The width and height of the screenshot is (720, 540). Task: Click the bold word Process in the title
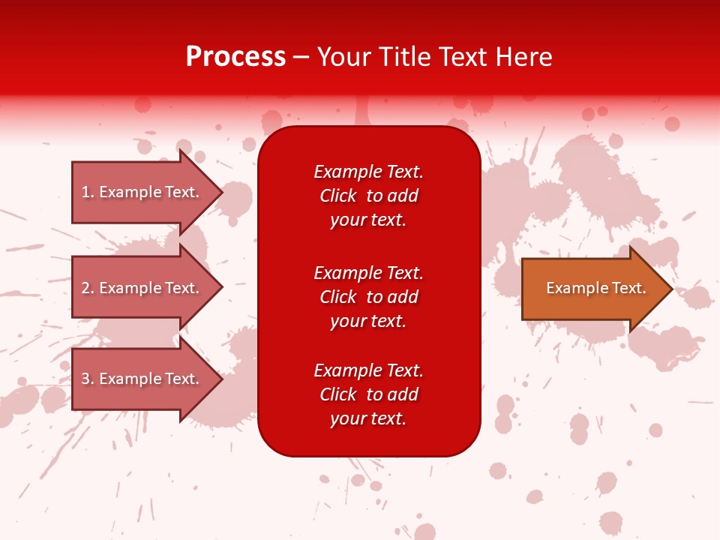[x=235, y=57]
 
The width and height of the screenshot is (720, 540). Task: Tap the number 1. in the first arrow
[x=88, y=192]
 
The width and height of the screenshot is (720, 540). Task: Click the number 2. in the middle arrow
[x=88, y=288]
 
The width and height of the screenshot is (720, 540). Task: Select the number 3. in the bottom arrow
[x=88, y=379]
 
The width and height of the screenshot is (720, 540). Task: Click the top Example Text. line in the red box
[x=368, y=172]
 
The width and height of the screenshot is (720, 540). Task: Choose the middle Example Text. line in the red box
[x=368, y=273]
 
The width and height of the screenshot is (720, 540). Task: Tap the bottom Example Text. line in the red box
[x=368, y=370]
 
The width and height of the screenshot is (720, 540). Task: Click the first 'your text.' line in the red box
[x=368, y=220]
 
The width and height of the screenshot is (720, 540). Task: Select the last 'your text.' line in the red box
[x=368, y=418]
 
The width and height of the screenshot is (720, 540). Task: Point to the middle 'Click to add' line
[x=368, y=297]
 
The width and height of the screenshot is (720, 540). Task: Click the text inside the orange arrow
[x=595, y=288]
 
